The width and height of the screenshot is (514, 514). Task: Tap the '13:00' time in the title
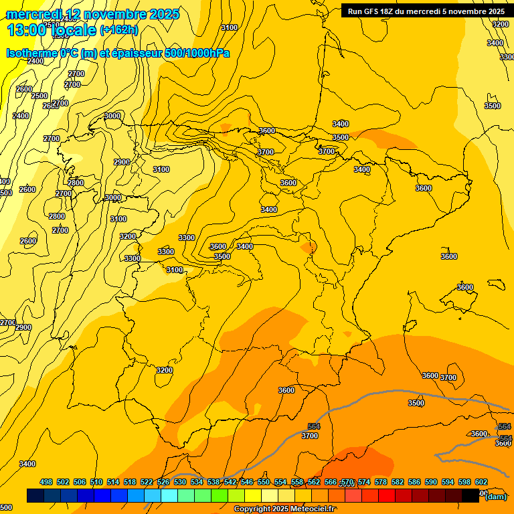click(x=26, y=29)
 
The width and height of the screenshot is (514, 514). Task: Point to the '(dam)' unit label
click(x=495, y=496)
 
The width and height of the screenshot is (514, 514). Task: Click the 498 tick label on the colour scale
click(x=46, y=482)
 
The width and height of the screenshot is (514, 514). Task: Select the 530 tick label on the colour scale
click(x=180, y=482)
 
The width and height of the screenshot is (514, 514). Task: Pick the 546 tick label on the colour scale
click(x=247, y=482)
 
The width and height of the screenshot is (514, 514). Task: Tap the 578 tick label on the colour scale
click(x=381, y=482)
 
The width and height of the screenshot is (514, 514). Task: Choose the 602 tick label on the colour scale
click(x=481, y=482)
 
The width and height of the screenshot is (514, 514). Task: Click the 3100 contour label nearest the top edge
click(x=229, y=27)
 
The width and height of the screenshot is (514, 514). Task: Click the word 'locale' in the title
click(x=73, y=29)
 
